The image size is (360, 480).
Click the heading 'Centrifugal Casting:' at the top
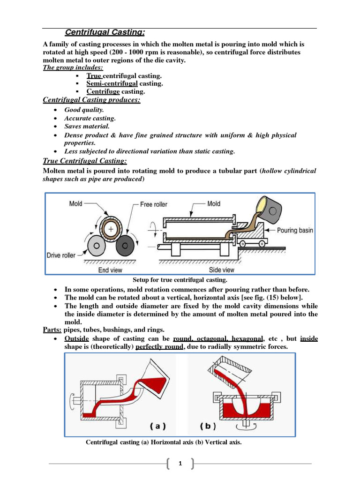pyautogui.click(x=104, y=32)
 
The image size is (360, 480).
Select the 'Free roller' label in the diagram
pyautogui.click(x=153, y=204)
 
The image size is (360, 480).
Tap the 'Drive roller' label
pyautogui.click(x=61, y=255)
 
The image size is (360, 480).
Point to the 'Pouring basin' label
pyautogui.click(x=295, y=230)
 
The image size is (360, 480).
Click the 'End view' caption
pyautogui.click(x=111, y=270)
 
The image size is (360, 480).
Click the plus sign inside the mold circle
pyautogui.click(x=111, y=228)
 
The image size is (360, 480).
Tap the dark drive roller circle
pyautogui.click(x=125, y=245)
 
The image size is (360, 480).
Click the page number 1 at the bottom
pyautogui.click(x=180, y=464)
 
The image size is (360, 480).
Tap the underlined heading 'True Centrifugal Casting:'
pyautogui.click(x=84, y=161)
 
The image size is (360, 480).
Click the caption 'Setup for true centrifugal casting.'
pyautogui.click(x=180, y=280)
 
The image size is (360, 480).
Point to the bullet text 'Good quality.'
pyautogui.click(x=84, y=110)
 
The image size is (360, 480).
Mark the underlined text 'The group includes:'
pyautogui.click(x=73, y=67)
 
